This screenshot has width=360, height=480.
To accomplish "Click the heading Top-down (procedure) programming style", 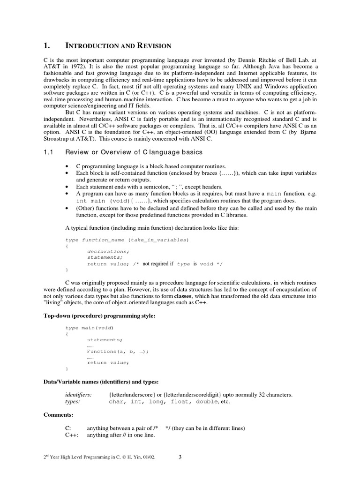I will click(99, 316).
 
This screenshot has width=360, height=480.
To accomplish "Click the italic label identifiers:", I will click(78, 395).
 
